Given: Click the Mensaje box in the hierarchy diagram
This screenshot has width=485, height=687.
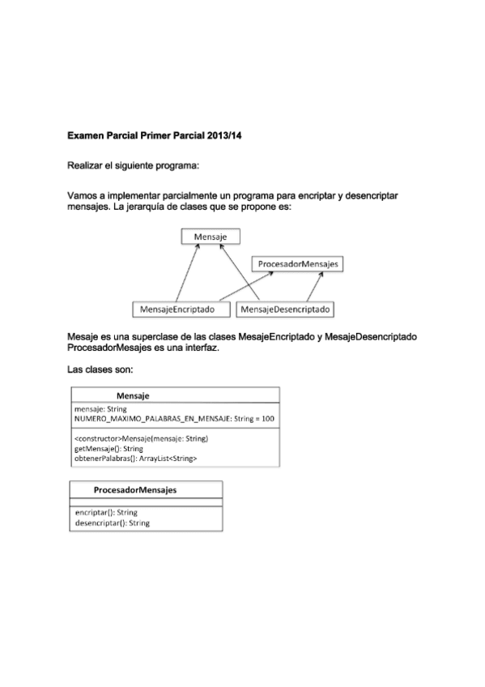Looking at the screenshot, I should click(x=211, y=237).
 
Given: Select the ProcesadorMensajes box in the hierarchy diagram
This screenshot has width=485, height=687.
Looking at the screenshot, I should click(x=299, y=264).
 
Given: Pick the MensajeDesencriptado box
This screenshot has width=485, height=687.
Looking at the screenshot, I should click(x=287, y=309).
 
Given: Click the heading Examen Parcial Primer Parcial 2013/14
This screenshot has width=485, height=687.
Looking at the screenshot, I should click(x=155, y=135).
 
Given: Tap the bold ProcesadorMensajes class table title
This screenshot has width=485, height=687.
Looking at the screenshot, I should click(x=135, y=490).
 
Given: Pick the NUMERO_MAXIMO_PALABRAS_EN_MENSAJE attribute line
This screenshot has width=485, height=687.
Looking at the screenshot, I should click(x=174, y=419).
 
